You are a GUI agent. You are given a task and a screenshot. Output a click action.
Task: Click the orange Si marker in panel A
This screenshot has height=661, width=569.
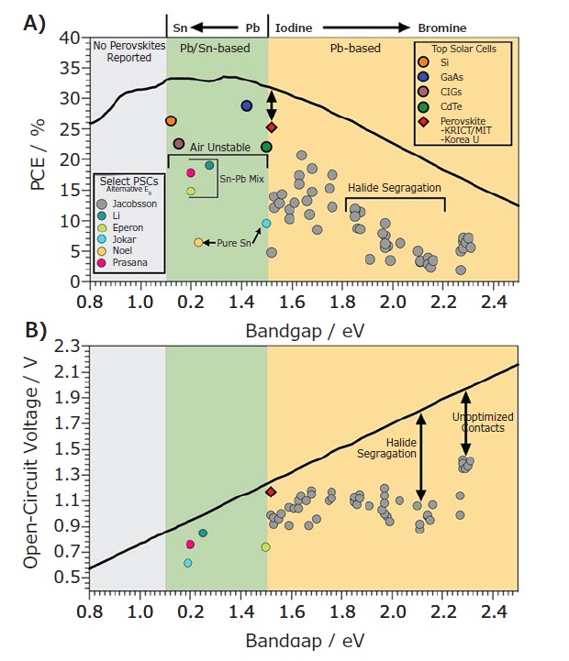click(x=171, y=121)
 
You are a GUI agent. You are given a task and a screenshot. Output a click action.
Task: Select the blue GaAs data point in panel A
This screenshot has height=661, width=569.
click(x=247, y=106)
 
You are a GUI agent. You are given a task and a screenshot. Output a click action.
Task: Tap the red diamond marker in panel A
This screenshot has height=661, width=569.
click(x=271, y=127)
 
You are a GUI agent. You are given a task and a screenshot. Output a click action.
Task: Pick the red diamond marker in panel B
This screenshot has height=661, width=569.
click(x=271, y=492)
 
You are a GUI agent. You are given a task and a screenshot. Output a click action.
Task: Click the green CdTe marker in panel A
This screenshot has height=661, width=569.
click(x=266, y=146)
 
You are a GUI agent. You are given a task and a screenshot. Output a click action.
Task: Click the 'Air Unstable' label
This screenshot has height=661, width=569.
click(x=217, y=146)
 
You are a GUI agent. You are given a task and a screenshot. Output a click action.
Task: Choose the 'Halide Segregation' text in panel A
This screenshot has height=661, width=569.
click(x=395, y=187)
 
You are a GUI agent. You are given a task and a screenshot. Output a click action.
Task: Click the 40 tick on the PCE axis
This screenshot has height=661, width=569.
click(x=70, y=39)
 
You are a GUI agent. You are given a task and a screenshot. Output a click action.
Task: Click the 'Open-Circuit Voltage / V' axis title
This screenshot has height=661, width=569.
click(x=31, y=463)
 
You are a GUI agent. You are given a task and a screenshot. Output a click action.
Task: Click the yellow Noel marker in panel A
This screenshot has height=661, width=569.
click(x=198, y=242)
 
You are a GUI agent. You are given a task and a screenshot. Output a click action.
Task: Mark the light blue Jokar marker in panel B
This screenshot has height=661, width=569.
click(x=188, y=563)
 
